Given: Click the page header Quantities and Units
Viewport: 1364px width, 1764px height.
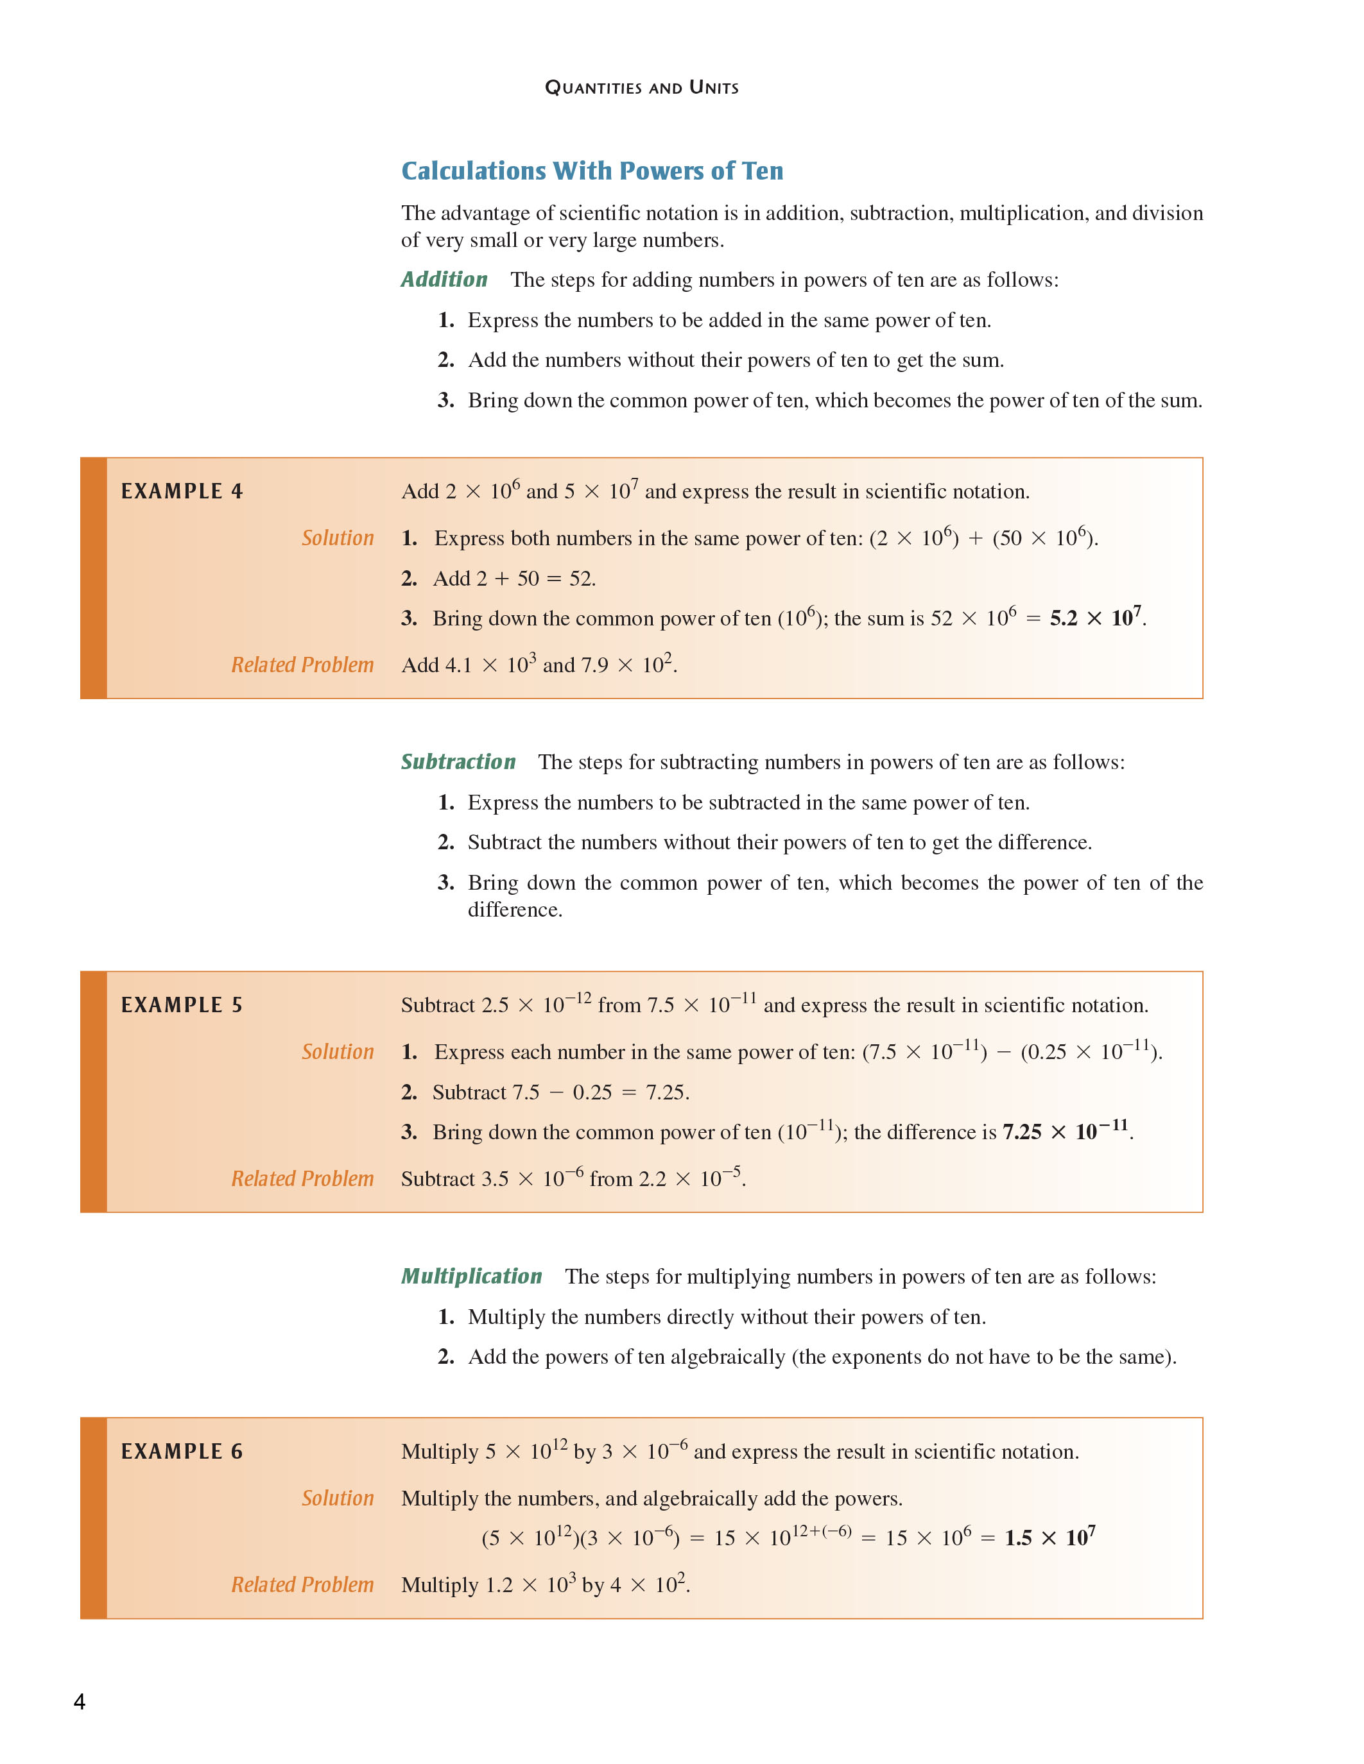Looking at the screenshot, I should pyautogui.click(x=642, y=87).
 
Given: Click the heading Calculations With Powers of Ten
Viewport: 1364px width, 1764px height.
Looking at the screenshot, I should pyautogui.click(x=592, y=171).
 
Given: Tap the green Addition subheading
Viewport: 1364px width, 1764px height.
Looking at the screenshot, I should pyautogui.click(x=444, y=280).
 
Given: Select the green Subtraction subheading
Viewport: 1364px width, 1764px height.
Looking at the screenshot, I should pyautogui.click(x=458, y=761).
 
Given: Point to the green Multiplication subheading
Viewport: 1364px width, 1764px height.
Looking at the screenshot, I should pyautogui.click(x=471, y=1276).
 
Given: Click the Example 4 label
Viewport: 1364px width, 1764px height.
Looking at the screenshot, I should pyautogui.click(x=182, y=491).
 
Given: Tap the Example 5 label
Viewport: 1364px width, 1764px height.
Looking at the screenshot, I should pyautogui.click(x=182, y=1005).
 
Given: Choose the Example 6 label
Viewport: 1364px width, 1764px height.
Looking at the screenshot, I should pyautogui.click(x=182, y=1452).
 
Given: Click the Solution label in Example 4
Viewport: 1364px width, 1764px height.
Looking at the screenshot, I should pyautogui.click(x=338, y=538).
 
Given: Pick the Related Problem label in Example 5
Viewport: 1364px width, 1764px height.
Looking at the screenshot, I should pyautogui.click(x=302, y=1178).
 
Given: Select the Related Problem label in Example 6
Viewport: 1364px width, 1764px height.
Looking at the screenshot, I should pyautogui.click(x=302, y=1584).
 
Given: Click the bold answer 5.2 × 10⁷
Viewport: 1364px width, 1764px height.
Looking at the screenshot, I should pyautogui.click(x=1096, y=618).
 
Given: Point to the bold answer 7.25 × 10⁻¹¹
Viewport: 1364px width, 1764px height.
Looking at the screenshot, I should pyautogui.click(x=1065, y=1132).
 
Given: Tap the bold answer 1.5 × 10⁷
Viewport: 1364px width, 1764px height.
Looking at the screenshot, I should pyautogui.click(x=1049, y=1538).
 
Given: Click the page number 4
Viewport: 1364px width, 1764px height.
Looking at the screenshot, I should pyautogui.click(x=79, y=1702).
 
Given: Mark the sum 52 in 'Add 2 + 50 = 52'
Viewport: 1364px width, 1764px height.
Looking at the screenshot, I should pyautogui.click(x=580, y=579).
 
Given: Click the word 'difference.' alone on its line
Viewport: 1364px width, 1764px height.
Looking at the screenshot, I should pyautogui.click(x=515, y=910).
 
